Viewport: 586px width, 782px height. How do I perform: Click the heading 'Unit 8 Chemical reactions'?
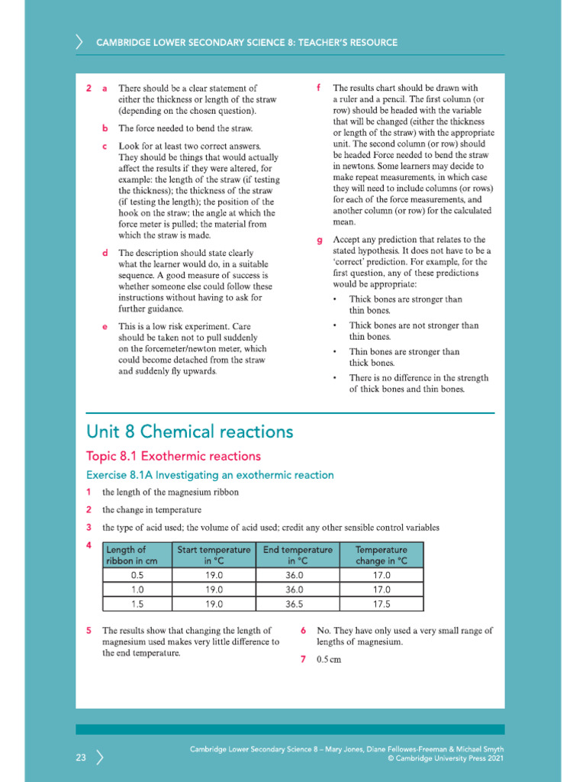pos(189,431)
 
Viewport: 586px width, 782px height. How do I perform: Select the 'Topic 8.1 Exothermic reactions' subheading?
pos(173,456)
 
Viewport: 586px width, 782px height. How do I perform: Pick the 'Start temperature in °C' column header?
pos(214,555)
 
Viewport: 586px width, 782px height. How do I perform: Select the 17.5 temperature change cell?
pos(382,603)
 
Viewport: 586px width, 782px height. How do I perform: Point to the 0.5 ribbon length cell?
pos(137,575)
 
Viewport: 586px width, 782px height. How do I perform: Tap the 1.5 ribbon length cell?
pos(137,603)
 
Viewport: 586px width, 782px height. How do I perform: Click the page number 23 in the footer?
pos(81,758)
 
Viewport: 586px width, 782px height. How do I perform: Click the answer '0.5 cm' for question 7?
pos(329,660)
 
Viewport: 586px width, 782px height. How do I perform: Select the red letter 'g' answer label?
pos(320,241)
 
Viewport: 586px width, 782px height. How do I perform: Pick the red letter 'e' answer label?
pos(105,327)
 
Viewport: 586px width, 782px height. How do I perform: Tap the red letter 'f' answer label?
pos(318,88)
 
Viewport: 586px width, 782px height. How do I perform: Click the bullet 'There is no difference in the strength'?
pos(418,378)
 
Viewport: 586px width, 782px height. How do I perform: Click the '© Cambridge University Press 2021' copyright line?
pos(445,759)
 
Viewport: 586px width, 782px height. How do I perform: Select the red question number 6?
pos(303,631)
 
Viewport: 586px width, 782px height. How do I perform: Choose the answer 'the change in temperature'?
pos(152,509)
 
